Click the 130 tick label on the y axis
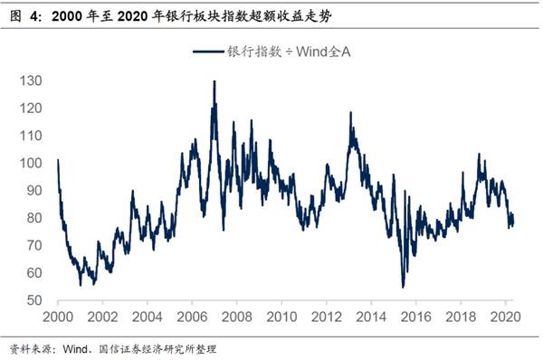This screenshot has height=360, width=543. coord(29,81)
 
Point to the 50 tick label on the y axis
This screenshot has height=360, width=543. coord(33,300)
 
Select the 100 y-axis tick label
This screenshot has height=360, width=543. coord(29,163)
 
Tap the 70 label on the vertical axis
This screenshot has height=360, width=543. coord(33,245)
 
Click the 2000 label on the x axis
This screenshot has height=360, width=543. coord(57,317)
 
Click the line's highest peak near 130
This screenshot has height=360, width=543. coord(214,81)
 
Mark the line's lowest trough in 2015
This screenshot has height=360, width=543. coord(403,287)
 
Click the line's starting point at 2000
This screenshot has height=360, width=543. coord(57,160)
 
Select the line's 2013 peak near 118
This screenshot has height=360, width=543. coord(350,113)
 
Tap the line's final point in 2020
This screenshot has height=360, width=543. coord(513,223)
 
